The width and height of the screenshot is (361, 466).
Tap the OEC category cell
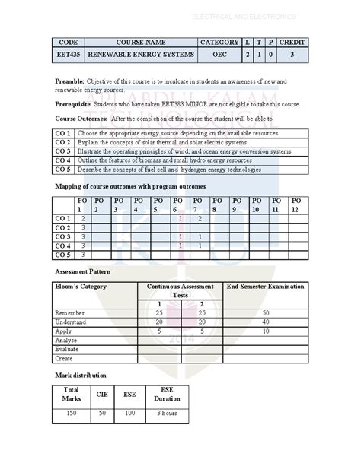tap(219, 55)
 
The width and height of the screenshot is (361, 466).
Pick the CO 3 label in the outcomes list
tap(63, 151)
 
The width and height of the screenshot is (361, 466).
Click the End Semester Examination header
tap(266, 286)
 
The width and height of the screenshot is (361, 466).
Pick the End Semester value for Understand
tap(266, 322)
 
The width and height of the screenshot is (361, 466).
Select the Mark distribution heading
tap(81, 375)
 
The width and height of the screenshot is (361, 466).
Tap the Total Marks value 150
tap(70, 412)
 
